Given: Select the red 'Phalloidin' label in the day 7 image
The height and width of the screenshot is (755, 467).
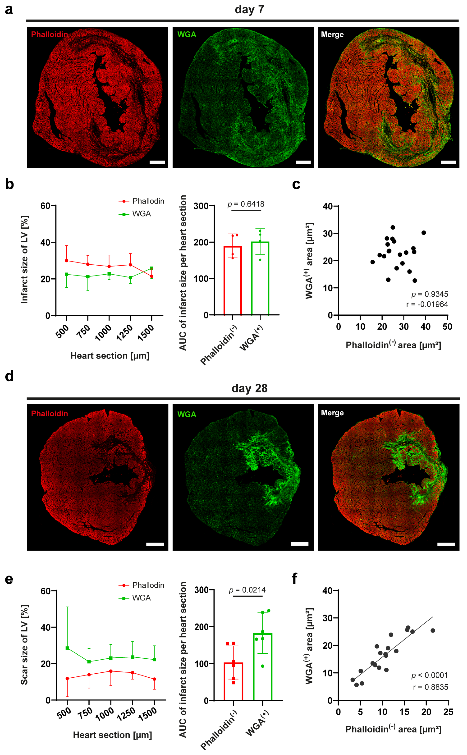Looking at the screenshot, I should pos(49,34).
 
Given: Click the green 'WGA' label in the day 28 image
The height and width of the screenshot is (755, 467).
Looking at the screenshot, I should pos(187,414).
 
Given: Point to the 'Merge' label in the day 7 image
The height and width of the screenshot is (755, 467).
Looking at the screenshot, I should pos(332,34).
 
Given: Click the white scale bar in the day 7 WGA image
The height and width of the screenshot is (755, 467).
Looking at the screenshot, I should pos(303,162).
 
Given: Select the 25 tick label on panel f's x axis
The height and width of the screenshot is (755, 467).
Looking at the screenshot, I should pos(448,712).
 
